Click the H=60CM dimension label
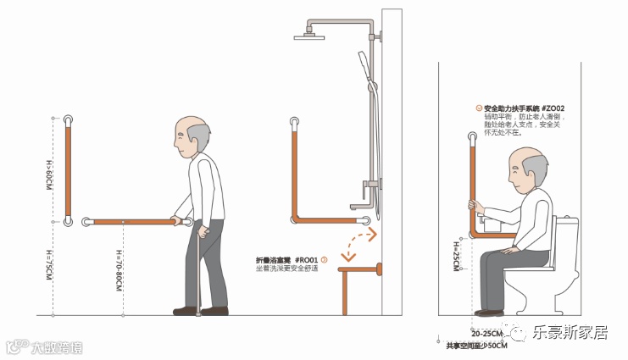point(49,174)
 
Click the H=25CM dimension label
point(456,252)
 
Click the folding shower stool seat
point(359,270)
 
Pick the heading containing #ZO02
point(522,108)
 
